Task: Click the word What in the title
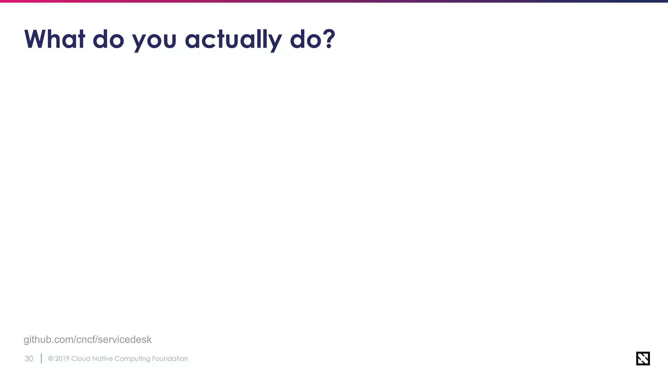54,39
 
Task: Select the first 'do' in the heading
108,39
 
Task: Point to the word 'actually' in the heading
233,40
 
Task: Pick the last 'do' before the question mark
306,39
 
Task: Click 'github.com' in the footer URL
49,340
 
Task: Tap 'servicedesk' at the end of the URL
125,340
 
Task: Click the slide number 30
29,359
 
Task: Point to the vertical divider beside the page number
41,358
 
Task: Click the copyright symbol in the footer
51,359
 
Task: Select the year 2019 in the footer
62,359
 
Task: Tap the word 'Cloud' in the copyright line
81,359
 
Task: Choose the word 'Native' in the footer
102,359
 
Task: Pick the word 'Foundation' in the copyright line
170,359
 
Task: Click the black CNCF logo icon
643,358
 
